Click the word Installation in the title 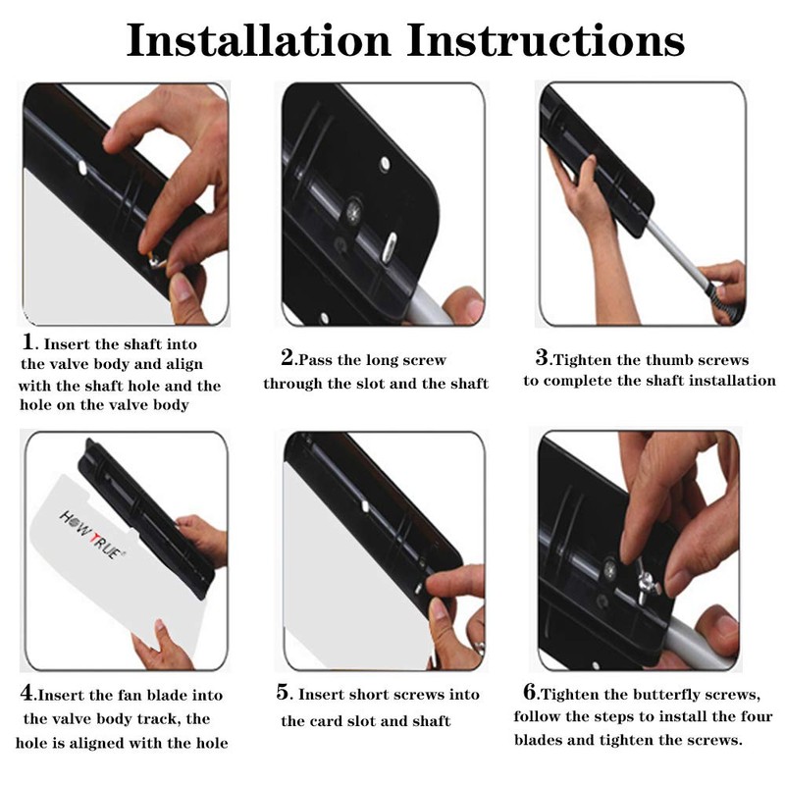tap(258, 40)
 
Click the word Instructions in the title tap(546, 40)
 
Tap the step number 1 tap(29, 342)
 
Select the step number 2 tap(288, 357)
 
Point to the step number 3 tap(543, 357)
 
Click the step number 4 tap(27, 693)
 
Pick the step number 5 tap(284, 693)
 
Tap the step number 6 tap(530, 693)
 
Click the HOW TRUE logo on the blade tap(92, 535)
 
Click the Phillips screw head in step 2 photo tap(354, 211)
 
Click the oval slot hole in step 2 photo tap(390, 247)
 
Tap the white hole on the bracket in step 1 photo tap(82, 168)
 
